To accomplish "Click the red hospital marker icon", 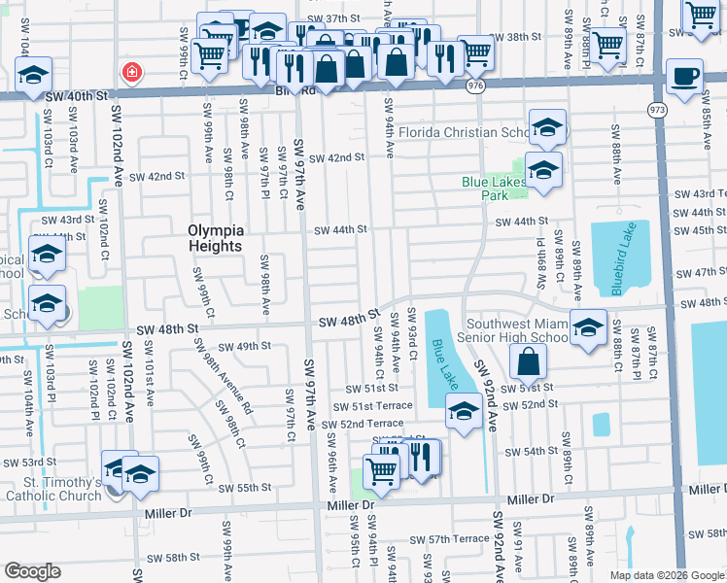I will pos(130,72).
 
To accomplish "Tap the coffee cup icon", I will pos(685,78).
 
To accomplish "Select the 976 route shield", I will pos(475,86).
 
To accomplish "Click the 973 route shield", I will pos(659,110).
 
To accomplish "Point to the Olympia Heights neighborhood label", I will pos(215,238).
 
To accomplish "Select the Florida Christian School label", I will pos(465,132).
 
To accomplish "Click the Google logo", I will pos(32,571).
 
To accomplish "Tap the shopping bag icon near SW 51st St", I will pos(527,362).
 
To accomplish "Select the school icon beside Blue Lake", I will pos(465,412).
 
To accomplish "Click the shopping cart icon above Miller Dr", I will pos(381,471).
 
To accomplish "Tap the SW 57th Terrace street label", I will pos(448,539).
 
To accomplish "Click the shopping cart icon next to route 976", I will pos(475,53).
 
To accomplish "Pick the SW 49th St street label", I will pos(244,346).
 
